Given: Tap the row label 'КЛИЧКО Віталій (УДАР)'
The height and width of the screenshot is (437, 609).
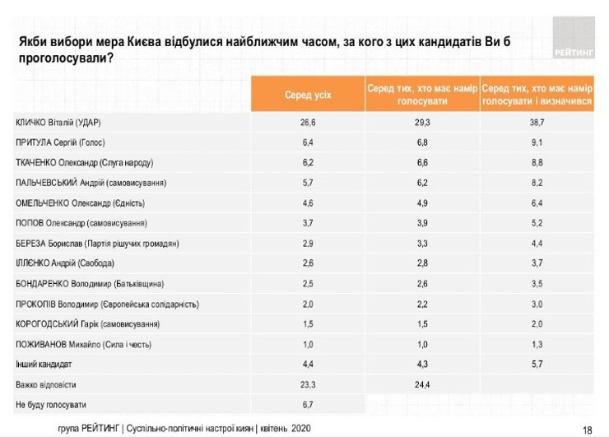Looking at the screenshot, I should pyautogui.click(x=63, y=123).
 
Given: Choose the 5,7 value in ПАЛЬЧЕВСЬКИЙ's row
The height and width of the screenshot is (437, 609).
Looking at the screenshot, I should pyautogui.click(x=308, y=183).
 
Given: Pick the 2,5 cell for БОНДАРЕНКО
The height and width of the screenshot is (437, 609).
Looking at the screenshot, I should pyautogui.click(x=308, y=284).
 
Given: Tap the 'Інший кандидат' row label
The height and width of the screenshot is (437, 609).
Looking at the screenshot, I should pyautogui.click(x=43, y=365).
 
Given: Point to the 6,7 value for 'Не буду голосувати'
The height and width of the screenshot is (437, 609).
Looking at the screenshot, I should pyautogui.click(x=308, y=405).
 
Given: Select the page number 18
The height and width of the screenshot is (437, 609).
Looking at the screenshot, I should pyautogui.click(x=587, y=429).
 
